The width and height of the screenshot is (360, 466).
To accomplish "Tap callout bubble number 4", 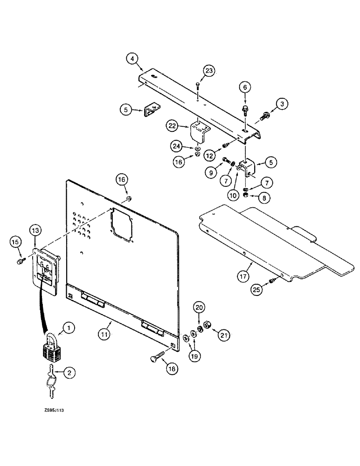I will [x=132, y=59].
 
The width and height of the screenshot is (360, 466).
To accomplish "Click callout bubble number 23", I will [x=208, y=70].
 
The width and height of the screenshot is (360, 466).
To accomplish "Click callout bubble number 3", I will [x=282, y=103].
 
